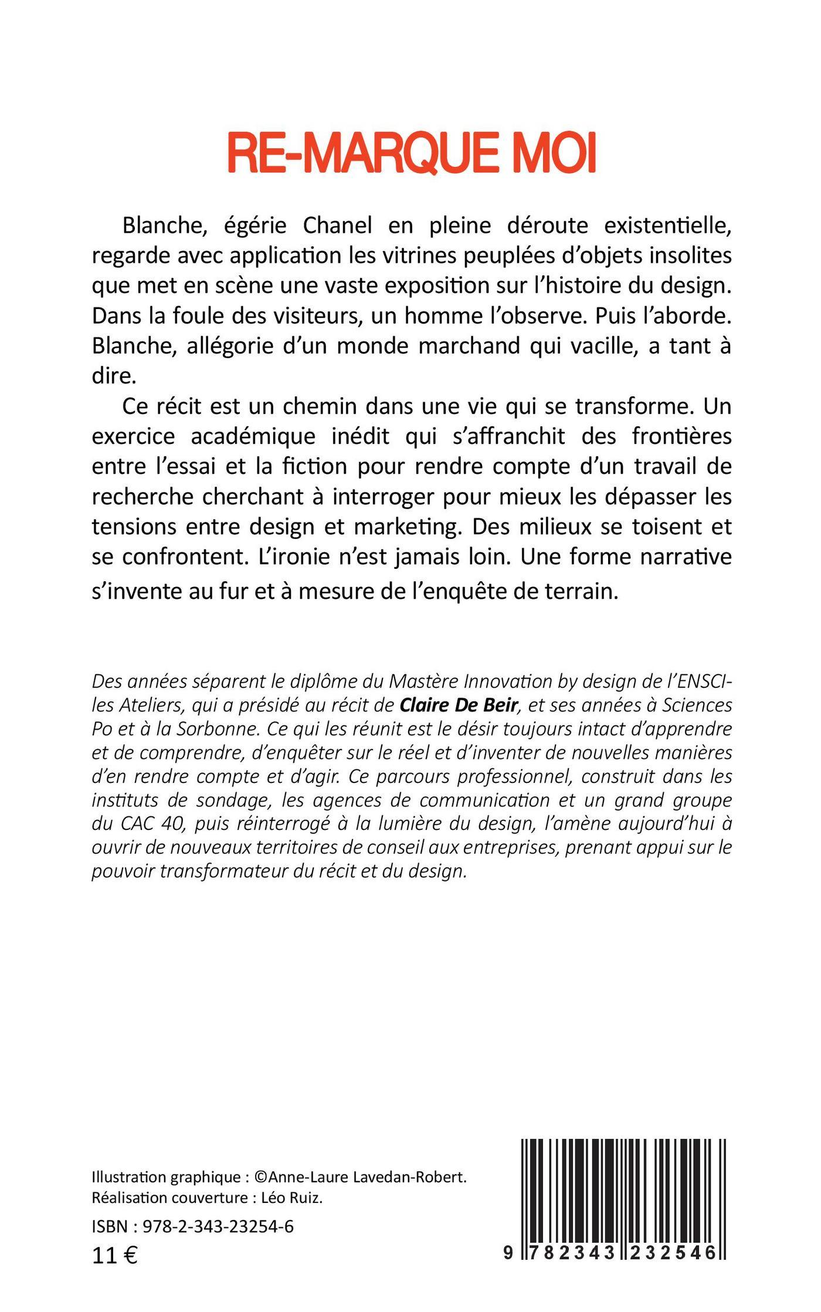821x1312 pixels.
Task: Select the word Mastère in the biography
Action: (422, 681)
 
